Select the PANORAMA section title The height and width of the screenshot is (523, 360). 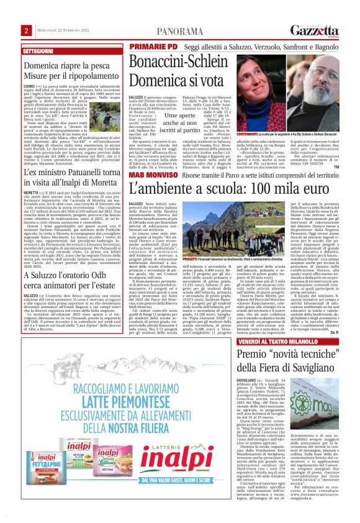pos(179,30)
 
